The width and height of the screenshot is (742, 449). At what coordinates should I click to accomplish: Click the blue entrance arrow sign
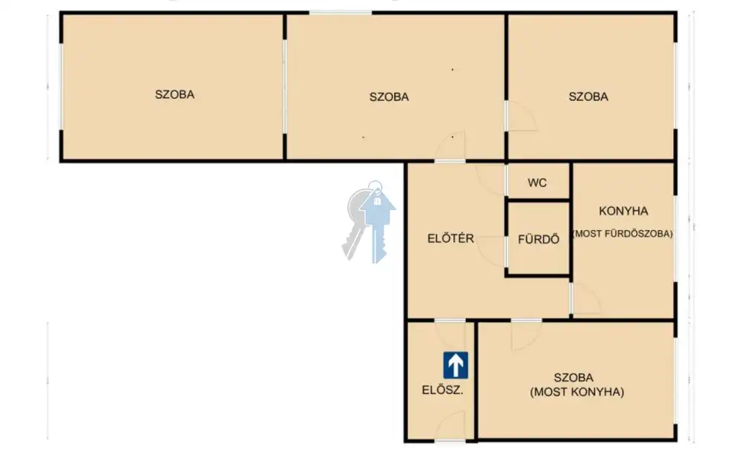(x=456, y=365)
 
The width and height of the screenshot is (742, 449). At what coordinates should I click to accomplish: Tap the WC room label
(x=537, y=183)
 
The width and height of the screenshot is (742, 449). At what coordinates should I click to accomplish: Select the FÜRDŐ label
(x=539, y=239)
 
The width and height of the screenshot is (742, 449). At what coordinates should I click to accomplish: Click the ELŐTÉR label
(x=450, y=238)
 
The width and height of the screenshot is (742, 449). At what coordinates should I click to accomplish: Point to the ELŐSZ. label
(x=442, y=390)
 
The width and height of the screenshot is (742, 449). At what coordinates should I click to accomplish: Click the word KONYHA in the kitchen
(x=623, y=211)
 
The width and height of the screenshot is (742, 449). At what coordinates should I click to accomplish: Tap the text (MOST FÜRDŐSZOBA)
(x=623, y=234)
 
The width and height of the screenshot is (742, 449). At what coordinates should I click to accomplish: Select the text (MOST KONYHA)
(x=577, y=392)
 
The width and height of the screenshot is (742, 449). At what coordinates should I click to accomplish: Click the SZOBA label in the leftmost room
(x=174, y=94)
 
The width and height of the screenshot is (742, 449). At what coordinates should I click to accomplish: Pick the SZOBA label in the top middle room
(x=389, y=96)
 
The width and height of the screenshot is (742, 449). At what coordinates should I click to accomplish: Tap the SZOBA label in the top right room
(x=588, y=96)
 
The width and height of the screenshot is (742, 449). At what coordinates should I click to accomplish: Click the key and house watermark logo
(x=369, y=221)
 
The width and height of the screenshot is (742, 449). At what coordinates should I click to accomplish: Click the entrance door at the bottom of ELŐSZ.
(x=450, y=427)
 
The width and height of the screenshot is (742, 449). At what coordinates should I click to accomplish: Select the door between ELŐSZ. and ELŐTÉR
(x=450, y=333)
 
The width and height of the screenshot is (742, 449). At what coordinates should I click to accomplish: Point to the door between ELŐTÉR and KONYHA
(x=585, y=298)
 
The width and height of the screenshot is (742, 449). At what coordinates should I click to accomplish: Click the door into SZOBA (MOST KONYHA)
(x=526, y=335)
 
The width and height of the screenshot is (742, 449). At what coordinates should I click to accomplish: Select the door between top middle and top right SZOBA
(x=521, y=116)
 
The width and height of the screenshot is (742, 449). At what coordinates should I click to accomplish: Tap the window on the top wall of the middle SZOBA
(x=341, y=13)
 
